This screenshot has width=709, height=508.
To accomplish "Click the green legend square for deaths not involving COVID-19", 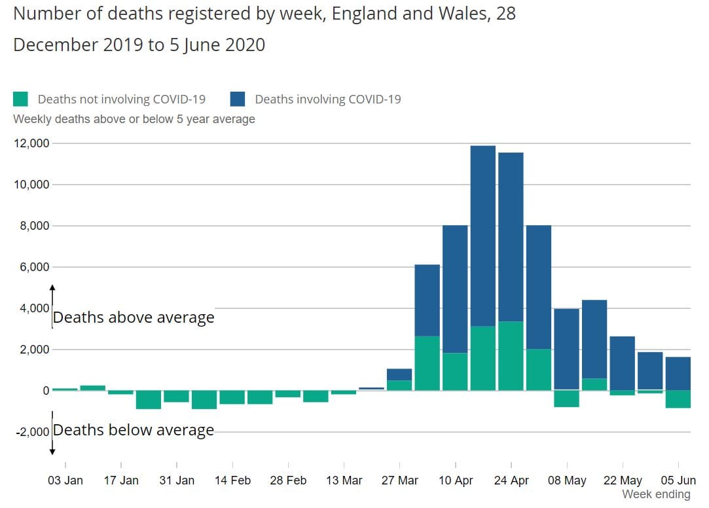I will pyautogui.click(x=21, y=99).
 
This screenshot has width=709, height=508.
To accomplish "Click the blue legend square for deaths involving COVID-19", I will pyautogui.click(x=238, y=99).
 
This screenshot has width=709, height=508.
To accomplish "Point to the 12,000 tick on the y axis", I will pyautogui.click(x=32, y=143).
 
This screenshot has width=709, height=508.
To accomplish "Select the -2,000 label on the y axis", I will pyautogui.click(x=31, y=431).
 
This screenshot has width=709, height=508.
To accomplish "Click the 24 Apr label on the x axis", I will pyautogui.click(x=511, y=481).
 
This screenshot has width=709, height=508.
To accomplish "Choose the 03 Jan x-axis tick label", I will pyautogui.click(x=65, y=481).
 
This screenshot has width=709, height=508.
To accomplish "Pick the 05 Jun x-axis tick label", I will pyautogui.click(x=678, y=481).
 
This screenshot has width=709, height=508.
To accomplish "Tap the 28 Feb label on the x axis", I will pyautogui.click(x=288, y=481).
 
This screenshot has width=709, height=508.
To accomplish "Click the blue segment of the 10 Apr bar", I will pyautogui.click(x=455, y=288).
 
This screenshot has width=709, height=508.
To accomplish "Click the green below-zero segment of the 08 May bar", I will pyautogui.click(x=566, y=399).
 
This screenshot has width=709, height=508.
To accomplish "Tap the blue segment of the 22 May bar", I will pyautogui.click(x=622, y=363).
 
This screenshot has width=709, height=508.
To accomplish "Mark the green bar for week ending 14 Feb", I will pyautogui.click(x=232, y=397).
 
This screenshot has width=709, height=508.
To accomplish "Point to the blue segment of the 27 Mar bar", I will pyautogui.click(x=399, y=374).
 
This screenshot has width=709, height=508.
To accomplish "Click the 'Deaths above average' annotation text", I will pyautogui.click(x=134, y=317).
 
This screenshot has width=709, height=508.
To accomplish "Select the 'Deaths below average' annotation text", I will pyautogui.click(x=134, y=430).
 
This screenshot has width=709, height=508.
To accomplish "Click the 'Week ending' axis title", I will pyautogui.click(x=656, y=494).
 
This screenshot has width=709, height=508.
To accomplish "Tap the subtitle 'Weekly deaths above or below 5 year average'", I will pyautogui.click(x=134, y=119).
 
